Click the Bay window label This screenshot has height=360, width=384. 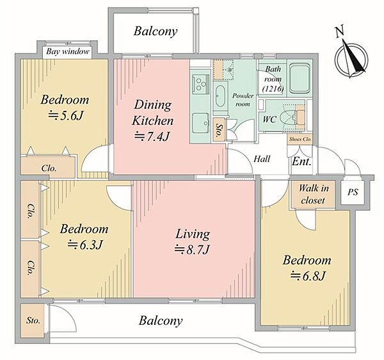point(68,52)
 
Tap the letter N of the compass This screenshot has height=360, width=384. point(339,31)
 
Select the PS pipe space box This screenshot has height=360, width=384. point(353,192)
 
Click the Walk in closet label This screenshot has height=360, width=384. point(313,194)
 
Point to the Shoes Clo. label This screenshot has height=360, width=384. point(300,139)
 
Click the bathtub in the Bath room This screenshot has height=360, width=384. point(300,78)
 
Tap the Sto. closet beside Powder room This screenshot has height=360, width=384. point(218,129)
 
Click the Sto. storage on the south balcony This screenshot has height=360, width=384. point(33,320)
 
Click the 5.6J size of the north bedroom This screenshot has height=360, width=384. point(66,115)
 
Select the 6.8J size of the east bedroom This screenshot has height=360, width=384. point(308,277)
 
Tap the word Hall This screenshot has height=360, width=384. point(262,159)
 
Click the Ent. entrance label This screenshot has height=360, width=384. point(301,161)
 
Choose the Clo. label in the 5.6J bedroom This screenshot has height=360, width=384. point(49,168)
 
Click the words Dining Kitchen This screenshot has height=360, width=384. point(153,113)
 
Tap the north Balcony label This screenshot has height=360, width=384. point(156,31)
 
